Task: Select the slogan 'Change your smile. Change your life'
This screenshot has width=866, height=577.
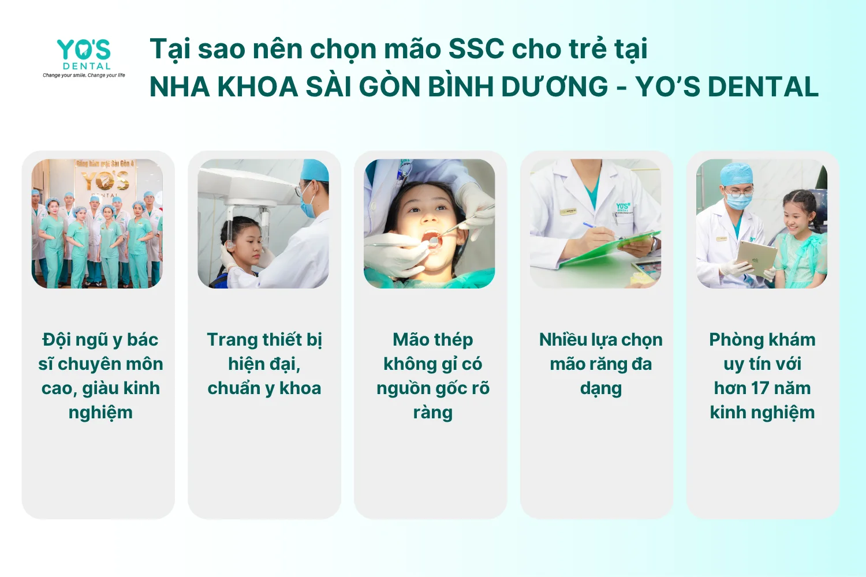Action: point(84,75)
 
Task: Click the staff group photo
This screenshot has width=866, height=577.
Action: point(97,224)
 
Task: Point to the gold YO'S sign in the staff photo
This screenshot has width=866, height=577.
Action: point(106,181)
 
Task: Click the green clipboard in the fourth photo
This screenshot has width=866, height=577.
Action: point(611,248)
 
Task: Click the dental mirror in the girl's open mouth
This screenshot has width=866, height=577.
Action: point(434,242)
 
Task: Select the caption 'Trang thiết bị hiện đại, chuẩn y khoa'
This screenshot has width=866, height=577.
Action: point(264,364)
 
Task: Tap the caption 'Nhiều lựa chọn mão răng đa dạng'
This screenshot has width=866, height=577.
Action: point(601,364)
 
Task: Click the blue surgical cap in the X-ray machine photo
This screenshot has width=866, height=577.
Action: point(315,170)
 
